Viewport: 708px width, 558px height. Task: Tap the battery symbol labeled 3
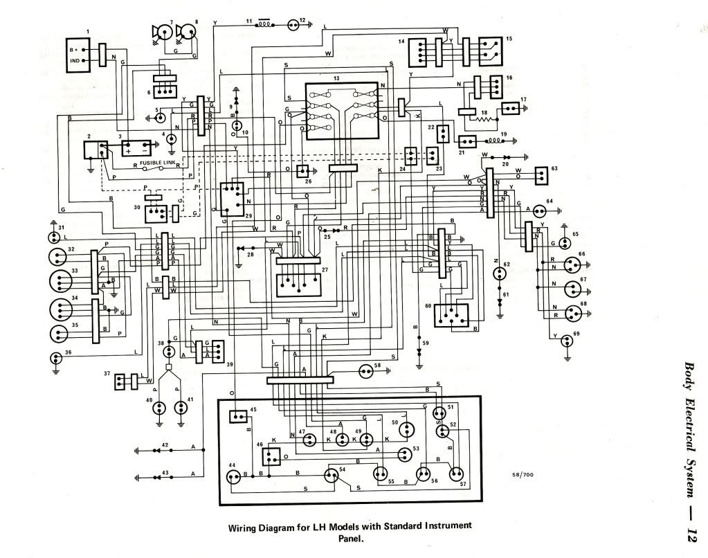[x=136, y=148]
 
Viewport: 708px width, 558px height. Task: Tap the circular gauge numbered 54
[x=328, y=475]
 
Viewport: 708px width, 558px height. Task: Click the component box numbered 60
[x=451, y=316]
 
